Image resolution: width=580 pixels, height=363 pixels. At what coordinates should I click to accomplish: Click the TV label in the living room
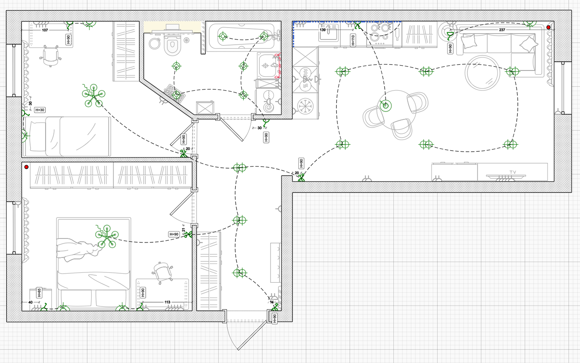[513, 172]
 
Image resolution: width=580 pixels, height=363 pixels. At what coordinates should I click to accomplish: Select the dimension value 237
[502, 30]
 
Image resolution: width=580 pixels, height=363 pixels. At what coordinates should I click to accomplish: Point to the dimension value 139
[323, 30]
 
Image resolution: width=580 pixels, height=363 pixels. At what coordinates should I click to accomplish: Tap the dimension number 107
[45, 30]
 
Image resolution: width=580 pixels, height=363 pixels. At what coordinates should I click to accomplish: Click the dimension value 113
[167, 302]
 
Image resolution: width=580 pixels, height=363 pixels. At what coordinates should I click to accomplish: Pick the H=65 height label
[39, 293]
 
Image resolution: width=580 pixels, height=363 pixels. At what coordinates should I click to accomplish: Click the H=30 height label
[40, 110]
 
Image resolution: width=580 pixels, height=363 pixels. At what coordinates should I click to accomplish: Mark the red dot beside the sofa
[548, 27]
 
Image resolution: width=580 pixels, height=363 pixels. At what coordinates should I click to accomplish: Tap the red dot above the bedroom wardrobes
[26, 167]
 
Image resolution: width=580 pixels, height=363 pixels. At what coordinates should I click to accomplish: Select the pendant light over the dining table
[385, 105]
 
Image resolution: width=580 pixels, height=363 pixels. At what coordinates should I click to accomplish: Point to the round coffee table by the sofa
[482, 73]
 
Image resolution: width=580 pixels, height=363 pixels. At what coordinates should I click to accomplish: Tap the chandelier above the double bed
[107, 237]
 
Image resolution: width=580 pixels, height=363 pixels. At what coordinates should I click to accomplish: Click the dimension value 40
[30, 302]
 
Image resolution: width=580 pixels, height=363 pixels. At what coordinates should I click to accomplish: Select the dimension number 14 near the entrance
[272, 302]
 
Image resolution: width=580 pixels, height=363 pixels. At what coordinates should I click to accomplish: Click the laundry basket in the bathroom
[175, 93]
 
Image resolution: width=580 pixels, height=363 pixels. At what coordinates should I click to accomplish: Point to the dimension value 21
[184, 230]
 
